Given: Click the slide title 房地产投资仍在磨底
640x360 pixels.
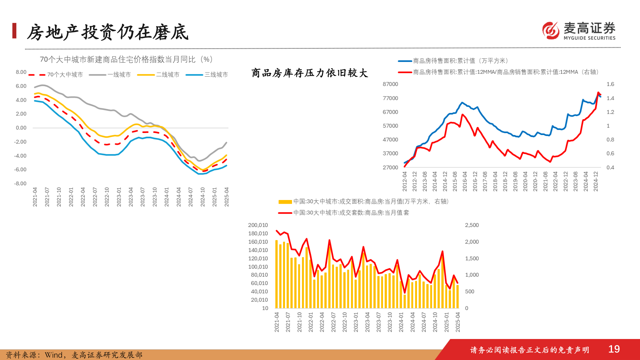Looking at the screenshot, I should [107, 32].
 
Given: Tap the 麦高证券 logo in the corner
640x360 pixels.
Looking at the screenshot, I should [579, 31].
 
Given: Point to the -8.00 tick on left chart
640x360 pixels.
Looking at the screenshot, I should [20, 183].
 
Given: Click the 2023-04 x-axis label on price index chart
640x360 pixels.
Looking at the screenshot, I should [131, 197].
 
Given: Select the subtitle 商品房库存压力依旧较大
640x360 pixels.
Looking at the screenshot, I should [309, 73].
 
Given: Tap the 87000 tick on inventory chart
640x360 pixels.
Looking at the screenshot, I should [390, 84].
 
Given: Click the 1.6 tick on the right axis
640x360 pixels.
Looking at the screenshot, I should [610, 84].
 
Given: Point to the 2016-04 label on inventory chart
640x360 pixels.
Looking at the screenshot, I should [465, 181].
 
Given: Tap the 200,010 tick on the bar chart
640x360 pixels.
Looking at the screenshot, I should [258, 225].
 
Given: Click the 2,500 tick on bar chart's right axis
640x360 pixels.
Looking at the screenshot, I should [472, 225].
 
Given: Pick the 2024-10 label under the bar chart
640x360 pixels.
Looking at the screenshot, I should [435, 322].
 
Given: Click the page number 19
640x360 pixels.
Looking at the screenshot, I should [614, 349].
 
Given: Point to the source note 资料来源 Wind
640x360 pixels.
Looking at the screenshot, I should [74, 355].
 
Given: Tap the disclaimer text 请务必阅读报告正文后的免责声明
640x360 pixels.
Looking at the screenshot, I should [529, 350].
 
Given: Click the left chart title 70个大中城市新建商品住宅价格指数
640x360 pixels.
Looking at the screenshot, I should [126, 59].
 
